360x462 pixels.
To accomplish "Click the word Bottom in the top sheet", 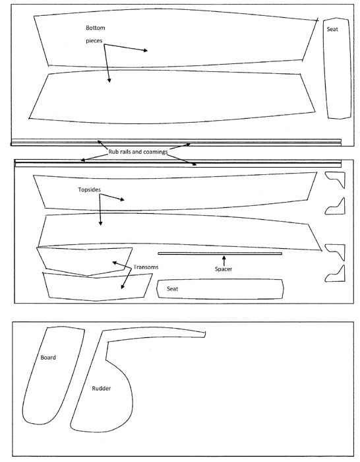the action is [x=96, y=28].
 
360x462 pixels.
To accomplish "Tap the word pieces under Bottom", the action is [x=94, y=41].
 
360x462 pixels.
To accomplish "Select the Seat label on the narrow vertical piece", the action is [x=332, y=29].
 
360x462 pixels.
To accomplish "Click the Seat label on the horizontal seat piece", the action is [x=173, y=289].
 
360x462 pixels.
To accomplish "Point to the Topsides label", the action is [x=90, y=189].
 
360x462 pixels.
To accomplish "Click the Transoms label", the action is [x=146, y=267].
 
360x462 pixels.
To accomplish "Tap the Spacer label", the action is [x=224, y=269].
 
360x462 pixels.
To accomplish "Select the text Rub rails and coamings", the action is [x=138, y=152].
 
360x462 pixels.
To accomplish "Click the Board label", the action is [x=48, y=358].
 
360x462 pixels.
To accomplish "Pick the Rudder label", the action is [x=102, y=388].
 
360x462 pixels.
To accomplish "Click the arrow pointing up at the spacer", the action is [x=224, y=261].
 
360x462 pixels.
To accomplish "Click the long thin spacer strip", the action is [x=220, y=253].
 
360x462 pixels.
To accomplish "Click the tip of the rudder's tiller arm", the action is [x=204, y=335].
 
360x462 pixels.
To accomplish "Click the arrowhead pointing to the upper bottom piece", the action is [x=145, y=51].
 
